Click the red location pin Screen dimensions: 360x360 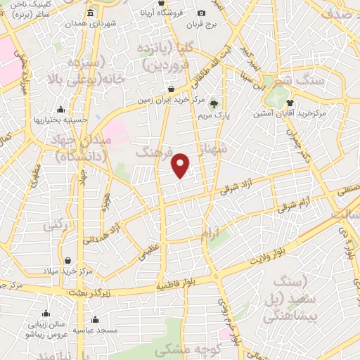coord(181,165)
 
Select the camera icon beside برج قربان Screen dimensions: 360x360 coord(202,13)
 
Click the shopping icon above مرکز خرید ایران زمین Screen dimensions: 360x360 coord(172,89)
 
